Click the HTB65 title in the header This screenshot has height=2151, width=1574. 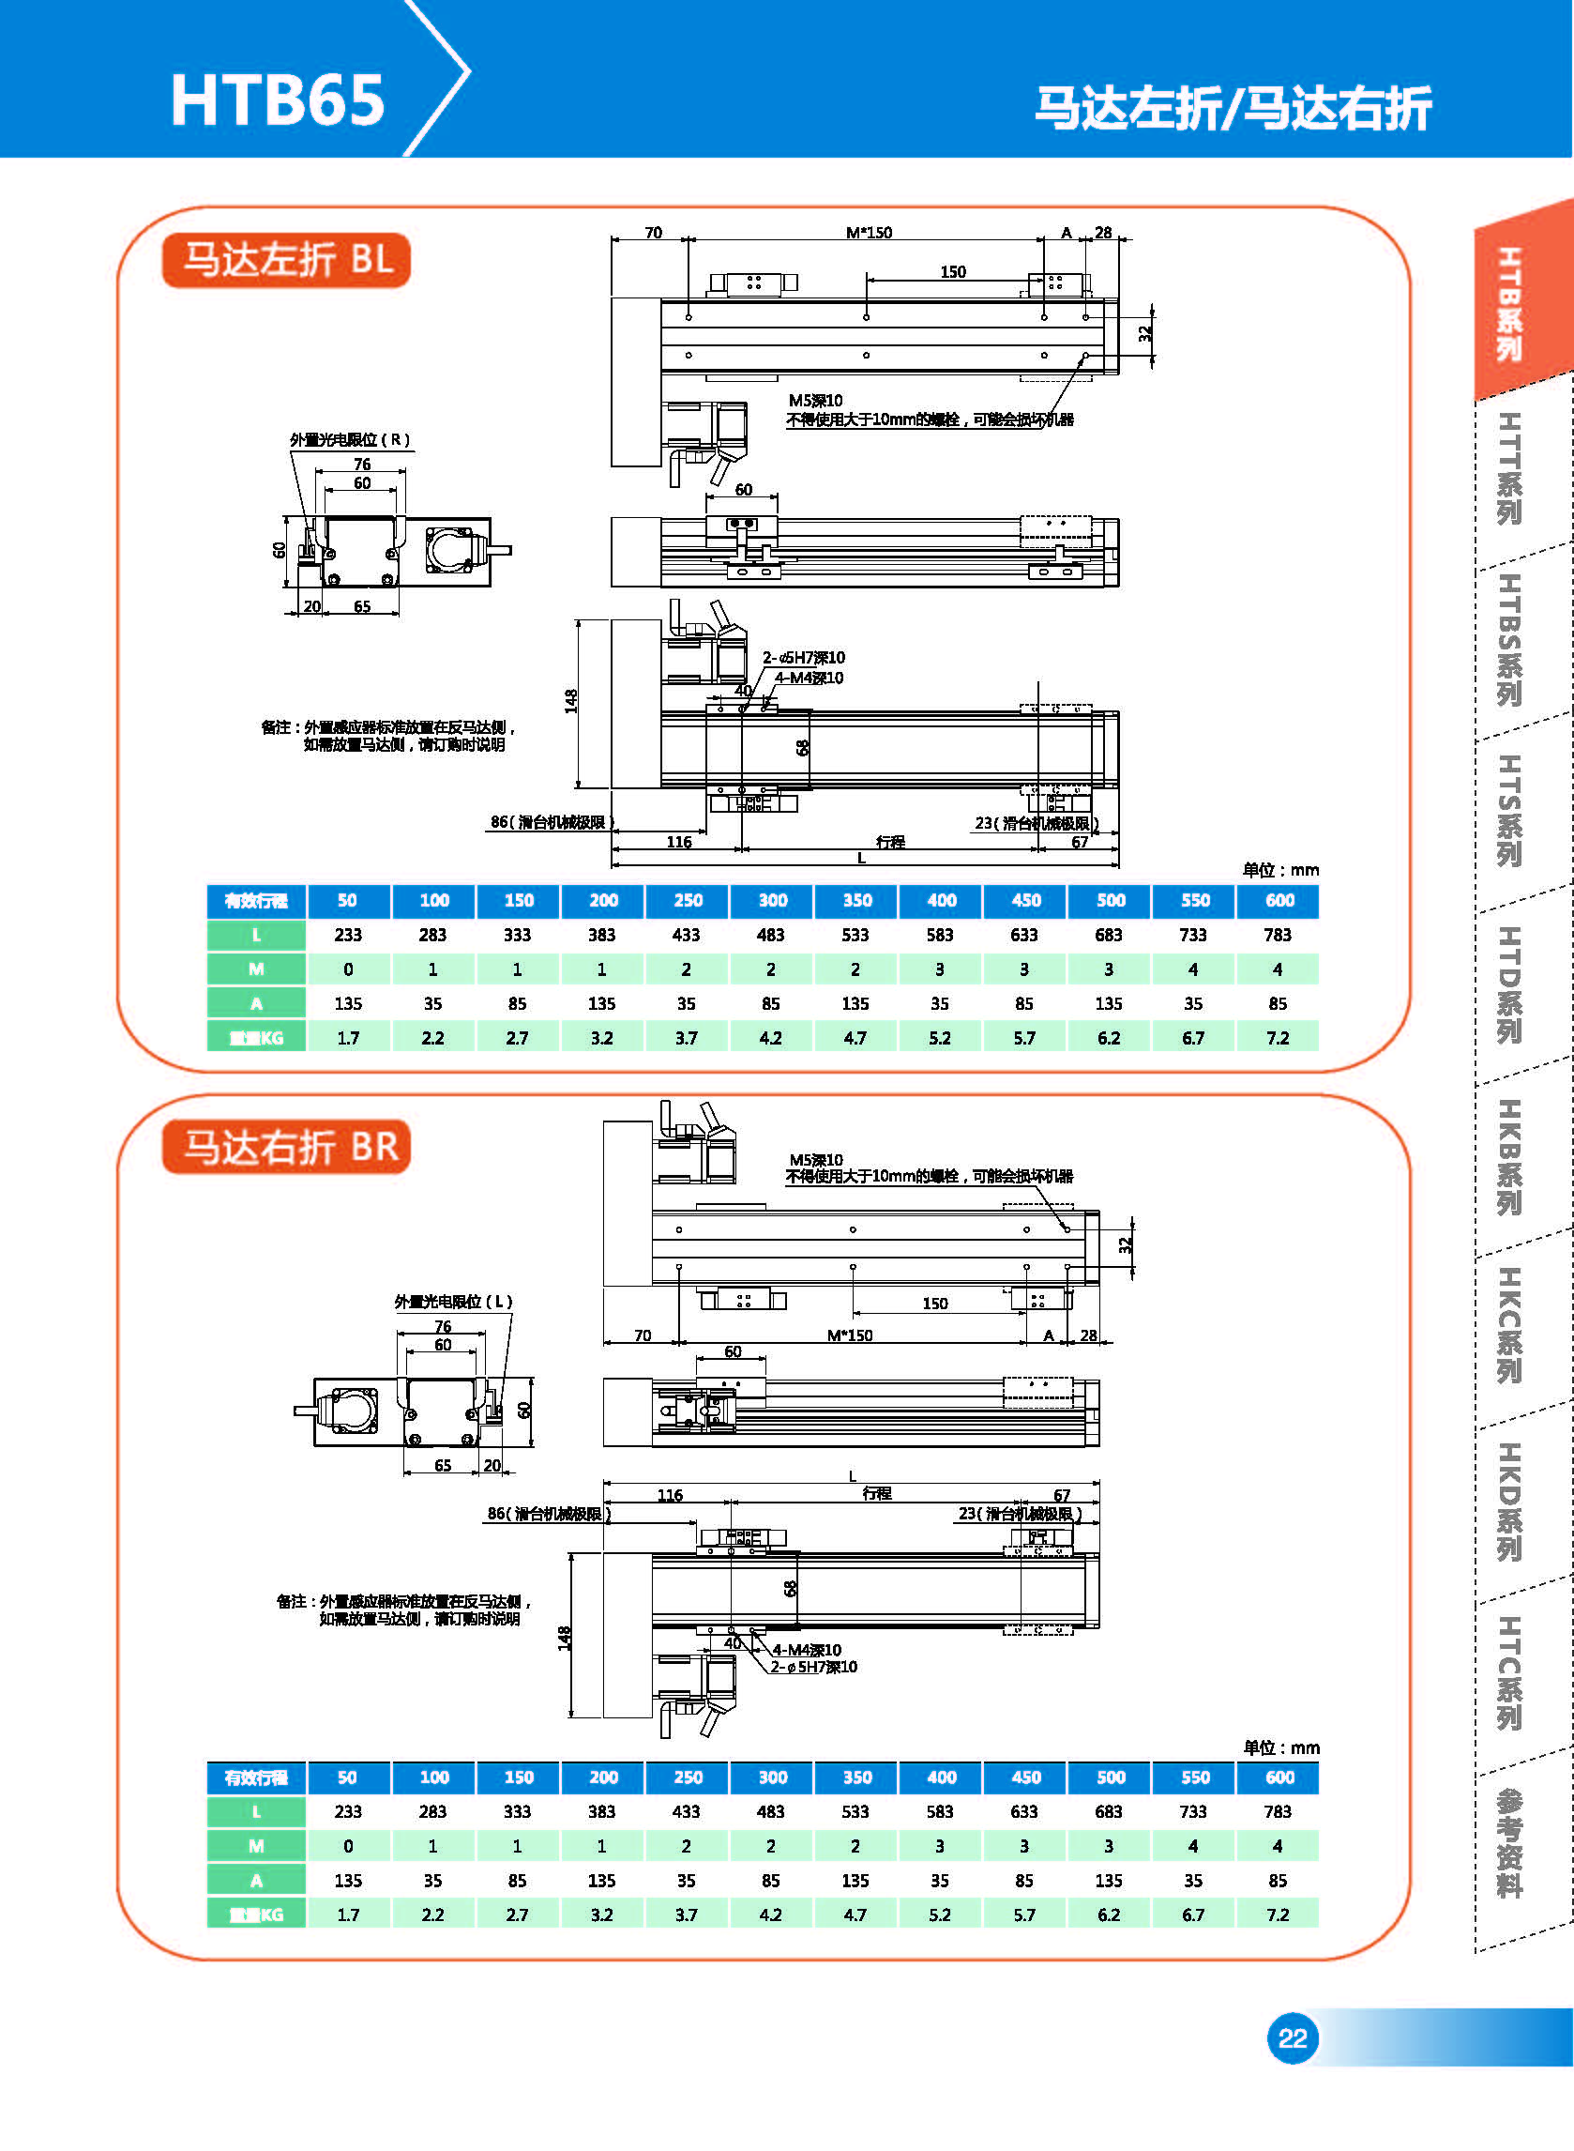278,100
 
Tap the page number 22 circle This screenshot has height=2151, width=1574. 1292,2038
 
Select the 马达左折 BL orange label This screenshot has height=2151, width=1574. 287,259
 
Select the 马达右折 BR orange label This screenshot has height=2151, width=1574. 287,1147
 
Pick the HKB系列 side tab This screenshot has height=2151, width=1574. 1508,1157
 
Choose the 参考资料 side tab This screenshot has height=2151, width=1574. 1508,1843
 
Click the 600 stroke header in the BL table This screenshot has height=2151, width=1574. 1279,901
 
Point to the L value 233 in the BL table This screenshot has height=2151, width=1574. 348,935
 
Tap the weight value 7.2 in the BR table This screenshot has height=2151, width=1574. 1278,1915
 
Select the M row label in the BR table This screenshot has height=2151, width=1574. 256,1846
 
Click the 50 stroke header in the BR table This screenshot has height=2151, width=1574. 348,1777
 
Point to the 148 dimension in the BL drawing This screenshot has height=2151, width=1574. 570,701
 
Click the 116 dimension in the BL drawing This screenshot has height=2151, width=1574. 678,842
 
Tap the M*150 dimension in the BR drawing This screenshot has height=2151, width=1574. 850,1335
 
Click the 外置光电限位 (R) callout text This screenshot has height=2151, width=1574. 350,439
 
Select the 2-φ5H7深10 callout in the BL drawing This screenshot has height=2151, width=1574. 803,658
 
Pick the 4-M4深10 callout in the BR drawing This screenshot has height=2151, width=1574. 806,1650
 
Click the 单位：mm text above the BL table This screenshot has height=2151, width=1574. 1280,870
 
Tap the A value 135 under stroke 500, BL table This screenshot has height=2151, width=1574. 1109,1003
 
